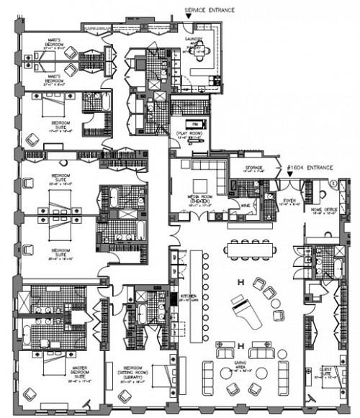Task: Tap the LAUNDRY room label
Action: (x=195, y=43)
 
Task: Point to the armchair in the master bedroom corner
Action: (x=30, y=395)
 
